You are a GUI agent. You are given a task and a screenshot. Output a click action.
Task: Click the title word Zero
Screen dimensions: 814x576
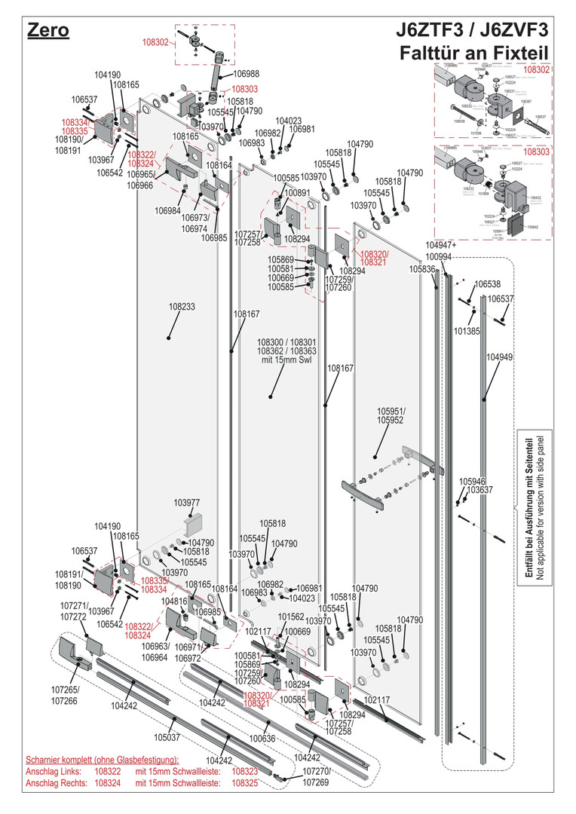tap(48, 31)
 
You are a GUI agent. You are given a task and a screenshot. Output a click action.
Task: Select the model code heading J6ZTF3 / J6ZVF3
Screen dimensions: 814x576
tap(473, 31)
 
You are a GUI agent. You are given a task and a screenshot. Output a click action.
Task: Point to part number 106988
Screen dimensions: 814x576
tap(246, 74)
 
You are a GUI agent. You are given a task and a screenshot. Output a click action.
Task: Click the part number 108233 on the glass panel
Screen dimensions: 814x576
tap(182, 308)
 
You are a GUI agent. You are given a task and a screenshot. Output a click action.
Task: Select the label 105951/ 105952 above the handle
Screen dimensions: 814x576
tap(391, 415)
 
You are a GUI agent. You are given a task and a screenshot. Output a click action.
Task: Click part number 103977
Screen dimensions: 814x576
tap(187, 503)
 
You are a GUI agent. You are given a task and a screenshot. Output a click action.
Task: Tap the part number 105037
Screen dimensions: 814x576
tap(167, 737)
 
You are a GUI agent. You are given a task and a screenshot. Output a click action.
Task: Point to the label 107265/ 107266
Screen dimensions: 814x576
tap(65, 694)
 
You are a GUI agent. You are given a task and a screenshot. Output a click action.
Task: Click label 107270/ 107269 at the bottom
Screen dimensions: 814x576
tap(317, 777)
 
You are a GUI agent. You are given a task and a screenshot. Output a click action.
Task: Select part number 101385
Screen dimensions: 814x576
tap(467, 330)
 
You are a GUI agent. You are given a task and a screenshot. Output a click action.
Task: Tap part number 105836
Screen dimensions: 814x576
tap(422, 269)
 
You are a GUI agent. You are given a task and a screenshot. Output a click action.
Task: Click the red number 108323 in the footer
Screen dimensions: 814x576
tap(245, 772)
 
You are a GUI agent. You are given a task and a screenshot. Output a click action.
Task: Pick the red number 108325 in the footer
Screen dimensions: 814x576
tap(245, 784)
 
